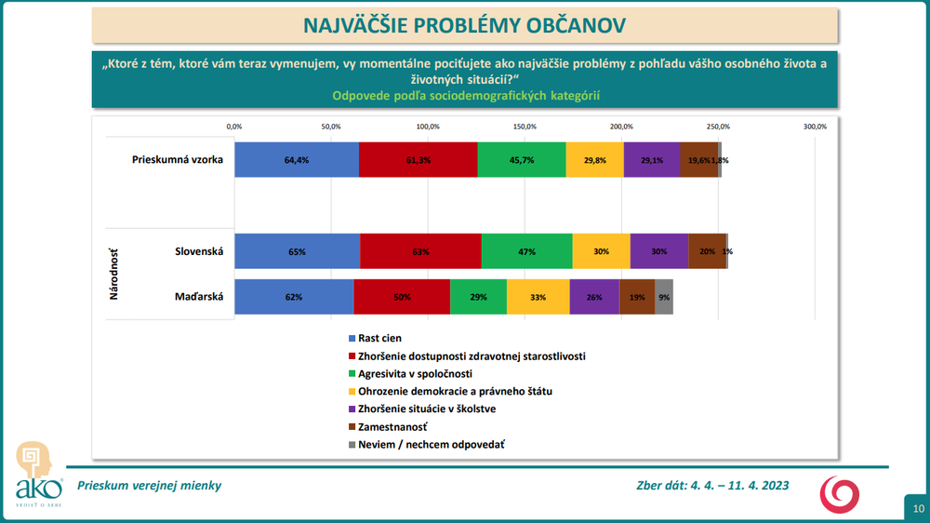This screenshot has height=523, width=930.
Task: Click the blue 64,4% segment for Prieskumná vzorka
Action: click(296, 160)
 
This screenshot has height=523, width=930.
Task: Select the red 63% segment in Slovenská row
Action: click(420, 251)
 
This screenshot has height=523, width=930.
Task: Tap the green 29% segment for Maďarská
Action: click(478, 297)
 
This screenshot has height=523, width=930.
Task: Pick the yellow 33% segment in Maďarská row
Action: click(538, 297)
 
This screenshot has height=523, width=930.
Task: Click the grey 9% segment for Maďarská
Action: click(664, 297)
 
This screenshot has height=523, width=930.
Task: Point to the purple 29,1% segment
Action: click(652, 160)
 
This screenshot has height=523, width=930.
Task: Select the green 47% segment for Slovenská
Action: click(526, 251)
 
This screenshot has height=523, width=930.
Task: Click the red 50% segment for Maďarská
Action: click(402, 297)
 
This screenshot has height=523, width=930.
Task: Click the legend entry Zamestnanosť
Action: click(392, 427)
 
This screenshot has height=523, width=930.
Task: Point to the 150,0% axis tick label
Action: click(525, 127)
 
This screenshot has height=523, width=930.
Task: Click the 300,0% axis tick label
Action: click(815, 127)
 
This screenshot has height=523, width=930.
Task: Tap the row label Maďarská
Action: click(198, 297)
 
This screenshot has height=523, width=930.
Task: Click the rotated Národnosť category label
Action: click(115, 275)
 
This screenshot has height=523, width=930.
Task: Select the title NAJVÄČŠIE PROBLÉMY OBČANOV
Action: click(464, 24)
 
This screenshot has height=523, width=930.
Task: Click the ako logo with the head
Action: click(38, 475)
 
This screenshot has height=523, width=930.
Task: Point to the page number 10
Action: click(917, 508)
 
